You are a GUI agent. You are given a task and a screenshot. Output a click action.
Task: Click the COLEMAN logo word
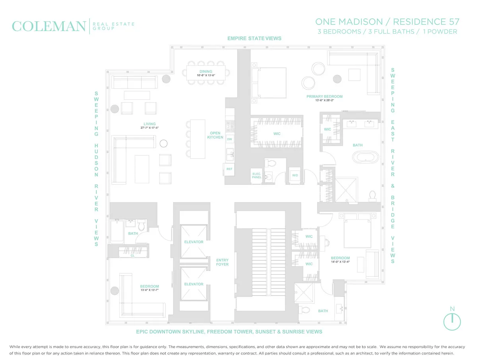coord(49,26)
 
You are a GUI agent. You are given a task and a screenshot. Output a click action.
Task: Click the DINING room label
coord(206,72)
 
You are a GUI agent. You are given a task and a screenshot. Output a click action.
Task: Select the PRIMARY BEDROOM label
coord(324,97)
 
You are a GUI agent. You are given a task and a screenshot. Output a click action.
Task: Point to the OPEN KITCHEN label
coord(215,135)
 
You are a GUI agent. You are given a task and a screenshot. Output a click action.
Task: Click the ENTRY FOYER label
coord(222,262)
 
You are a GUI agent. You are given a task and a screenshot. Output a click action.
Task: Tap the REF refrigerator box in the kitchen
coord(229,169)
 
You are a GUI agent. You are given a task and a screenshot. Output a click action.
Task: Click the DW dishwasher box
coord(229,139)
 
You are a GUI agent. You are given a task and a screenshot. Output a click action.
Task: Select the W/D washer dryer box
coord(295,175)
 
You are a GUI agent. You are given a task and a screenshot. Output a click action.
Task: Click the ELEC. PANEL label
coord(256,176)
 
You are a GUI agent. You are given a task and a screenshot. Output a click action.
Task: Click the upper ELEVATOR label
coord(194,242)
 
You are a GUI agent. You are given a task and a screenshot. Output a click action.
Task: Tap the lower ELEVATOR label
coord(194,284)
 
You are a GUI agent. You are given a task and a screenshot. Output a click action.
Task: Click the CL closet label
coord(133,256)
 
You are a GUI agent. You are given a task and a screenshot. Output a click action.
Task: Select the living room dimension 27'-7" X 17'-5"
coord(150,128)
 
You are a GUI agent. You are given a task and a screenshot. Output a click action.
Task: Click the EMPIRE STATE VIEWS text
coord(254,39)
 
